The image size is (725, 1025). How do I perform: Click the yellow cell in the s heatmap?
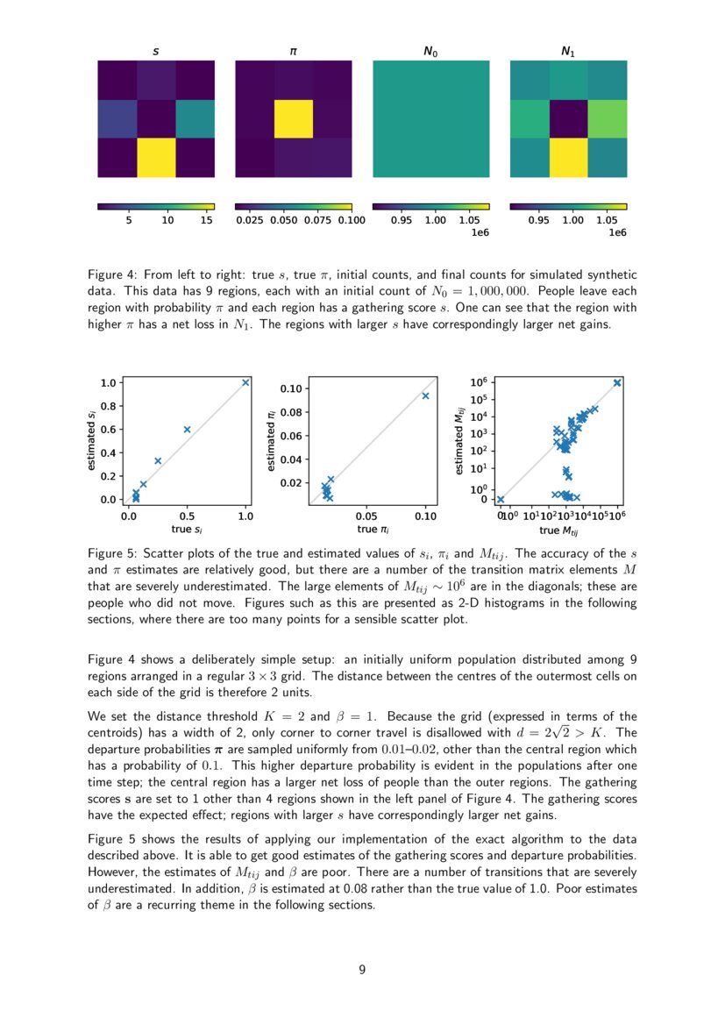point(156,158)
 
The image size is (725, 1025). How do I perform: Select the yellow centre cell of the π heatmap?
point(294,118)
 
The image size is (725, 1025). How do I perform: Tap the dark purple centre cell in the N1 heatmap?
point(568,118)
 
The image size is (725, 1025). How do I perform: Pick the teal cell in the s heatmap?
point(195,118)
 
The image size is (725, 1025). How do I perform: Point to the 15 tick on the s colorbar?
point(207,221)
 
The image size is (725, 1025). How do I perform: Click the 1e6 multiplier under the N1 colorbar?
point(616,233)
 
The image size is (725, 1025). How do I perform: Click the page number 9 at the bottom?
point(362,969)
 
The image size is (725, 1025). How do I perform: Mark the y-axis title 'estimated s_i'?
point(92,440)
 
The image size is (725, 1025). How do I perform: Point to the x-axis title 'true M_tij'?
point(560,530)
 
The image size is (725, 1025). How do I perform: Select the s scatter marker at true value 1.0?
point(245,382)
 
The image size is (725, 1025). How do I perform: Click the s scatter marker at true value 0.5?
point(187,429)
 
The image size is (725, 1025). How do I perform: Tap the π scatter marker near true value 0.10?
point(426,395)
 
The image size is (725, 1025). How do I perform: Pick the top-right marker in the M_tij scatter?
point(618,382)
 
